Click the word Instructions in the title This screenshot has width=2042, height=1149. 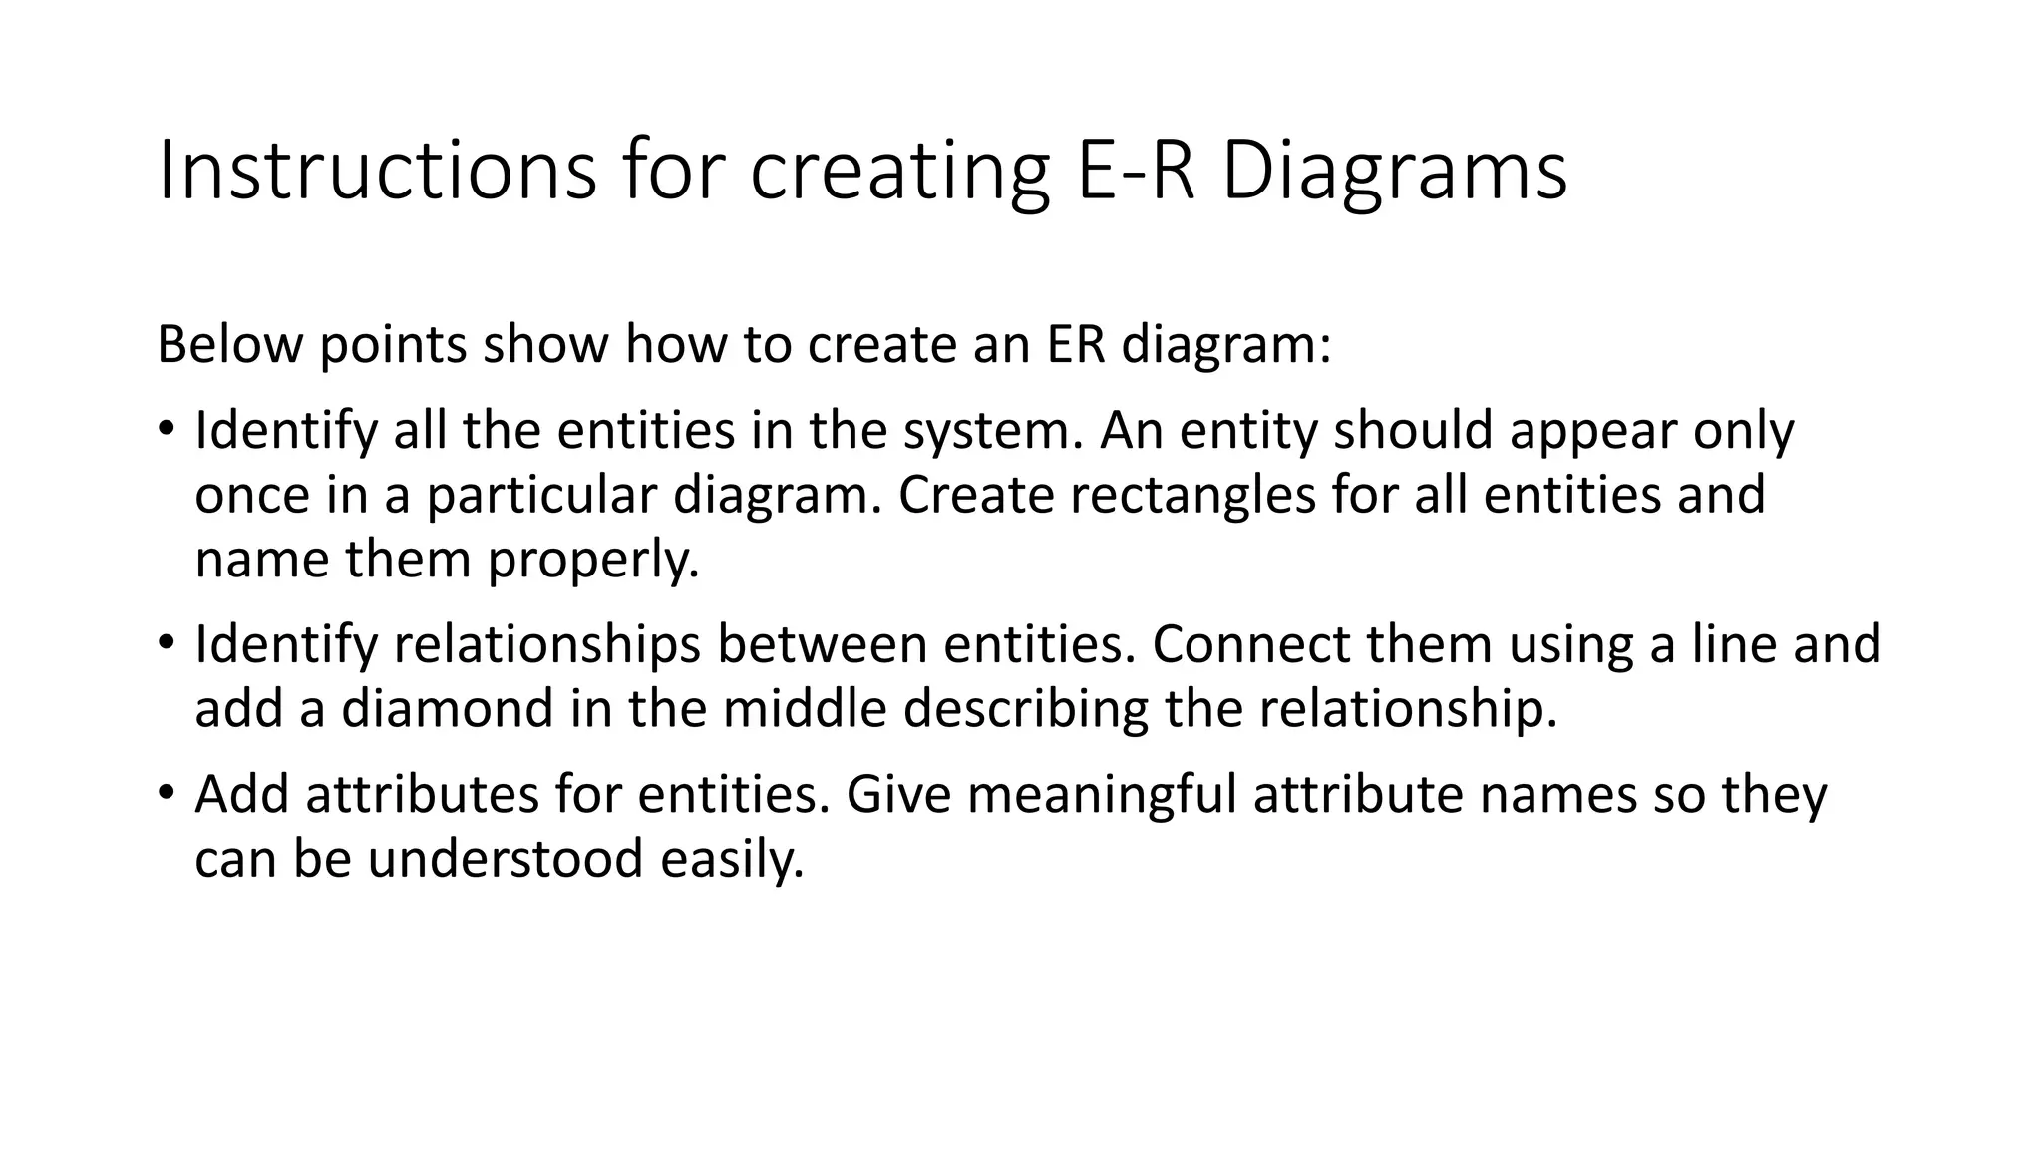377,173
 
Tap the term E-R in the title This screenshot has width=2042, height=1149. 1136,173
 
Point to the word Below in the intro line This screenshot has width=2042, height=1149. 229,345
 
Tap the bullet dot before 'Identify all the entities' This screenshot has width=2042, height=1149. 166,430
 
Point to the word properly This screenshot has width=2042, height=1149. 593,560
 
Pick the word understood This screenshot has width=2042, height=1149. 505,859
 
